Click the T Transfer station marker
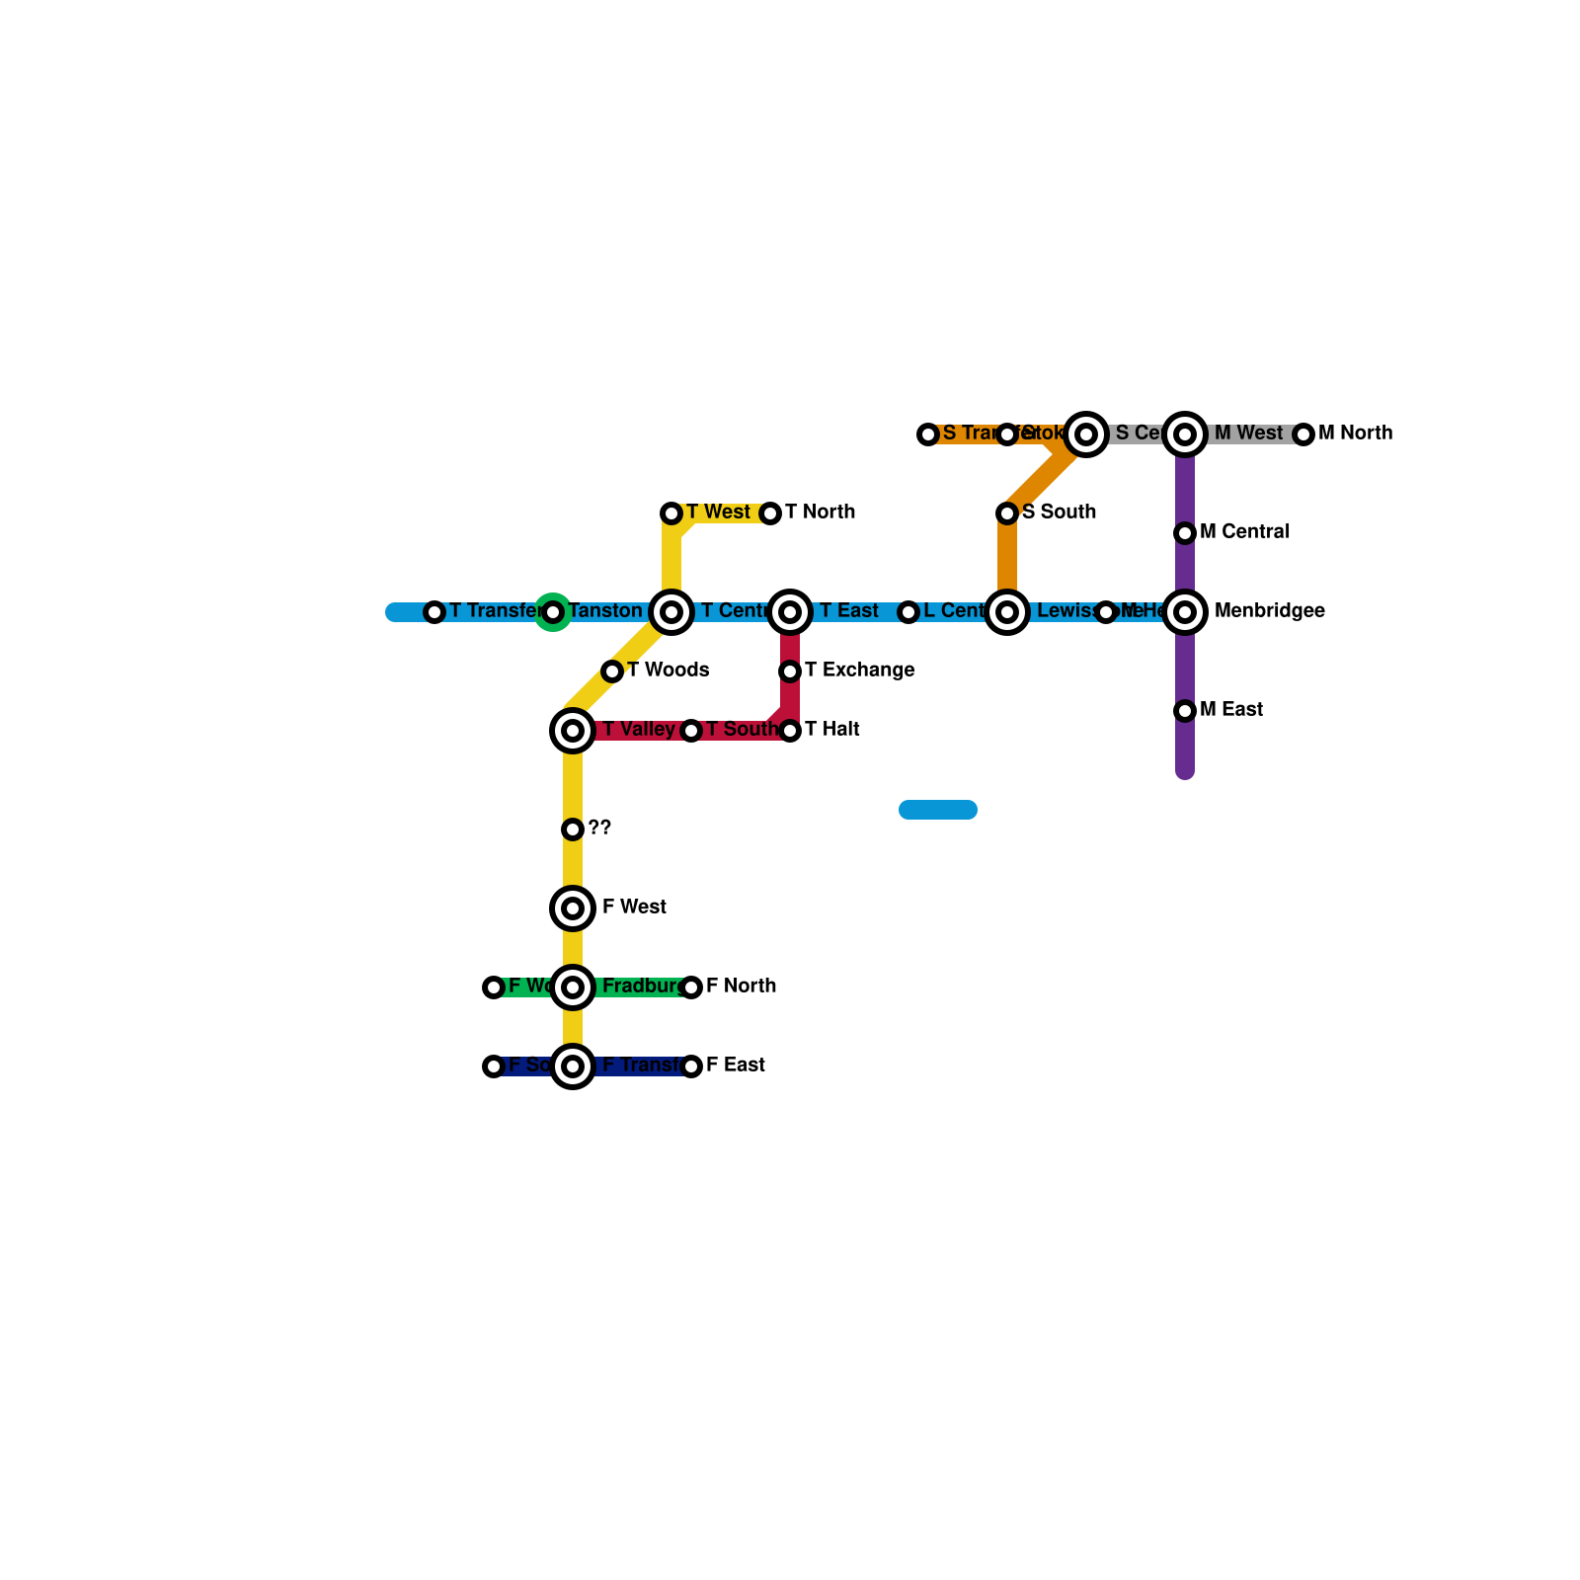click(x=434, y=612)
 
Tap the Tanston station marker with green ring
click(x=553, y=612)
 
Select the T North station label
click(x=820, y=513)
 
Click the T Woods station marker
click(x=612, y=671)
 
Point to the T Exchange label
click(x=859, y=671)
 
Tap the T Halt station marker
click(x=790, y=731)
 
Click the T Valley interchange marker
click(x=573, y=731)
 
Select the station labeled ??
click(x=573, y=829)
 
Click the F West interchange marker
click(x=573, y=908)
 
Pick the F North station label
click(x=741, y=987)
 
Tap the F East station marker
click(x=691, y=1066)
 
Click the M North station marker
click(x=1303, y=434)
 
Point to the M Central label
click(x=1244, y=532)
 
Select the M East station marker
click(x=1185, y=711)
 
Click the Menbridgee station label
click(x=1269, y=611)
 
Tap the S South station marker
click(x=1007, y=513)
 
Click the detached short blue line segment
click(x=938, y=810)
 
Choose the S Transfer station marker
click(x=928, y=434)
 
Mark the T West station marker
click(x=671, y=513)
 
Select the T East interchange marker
click(x=790, y=612)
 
